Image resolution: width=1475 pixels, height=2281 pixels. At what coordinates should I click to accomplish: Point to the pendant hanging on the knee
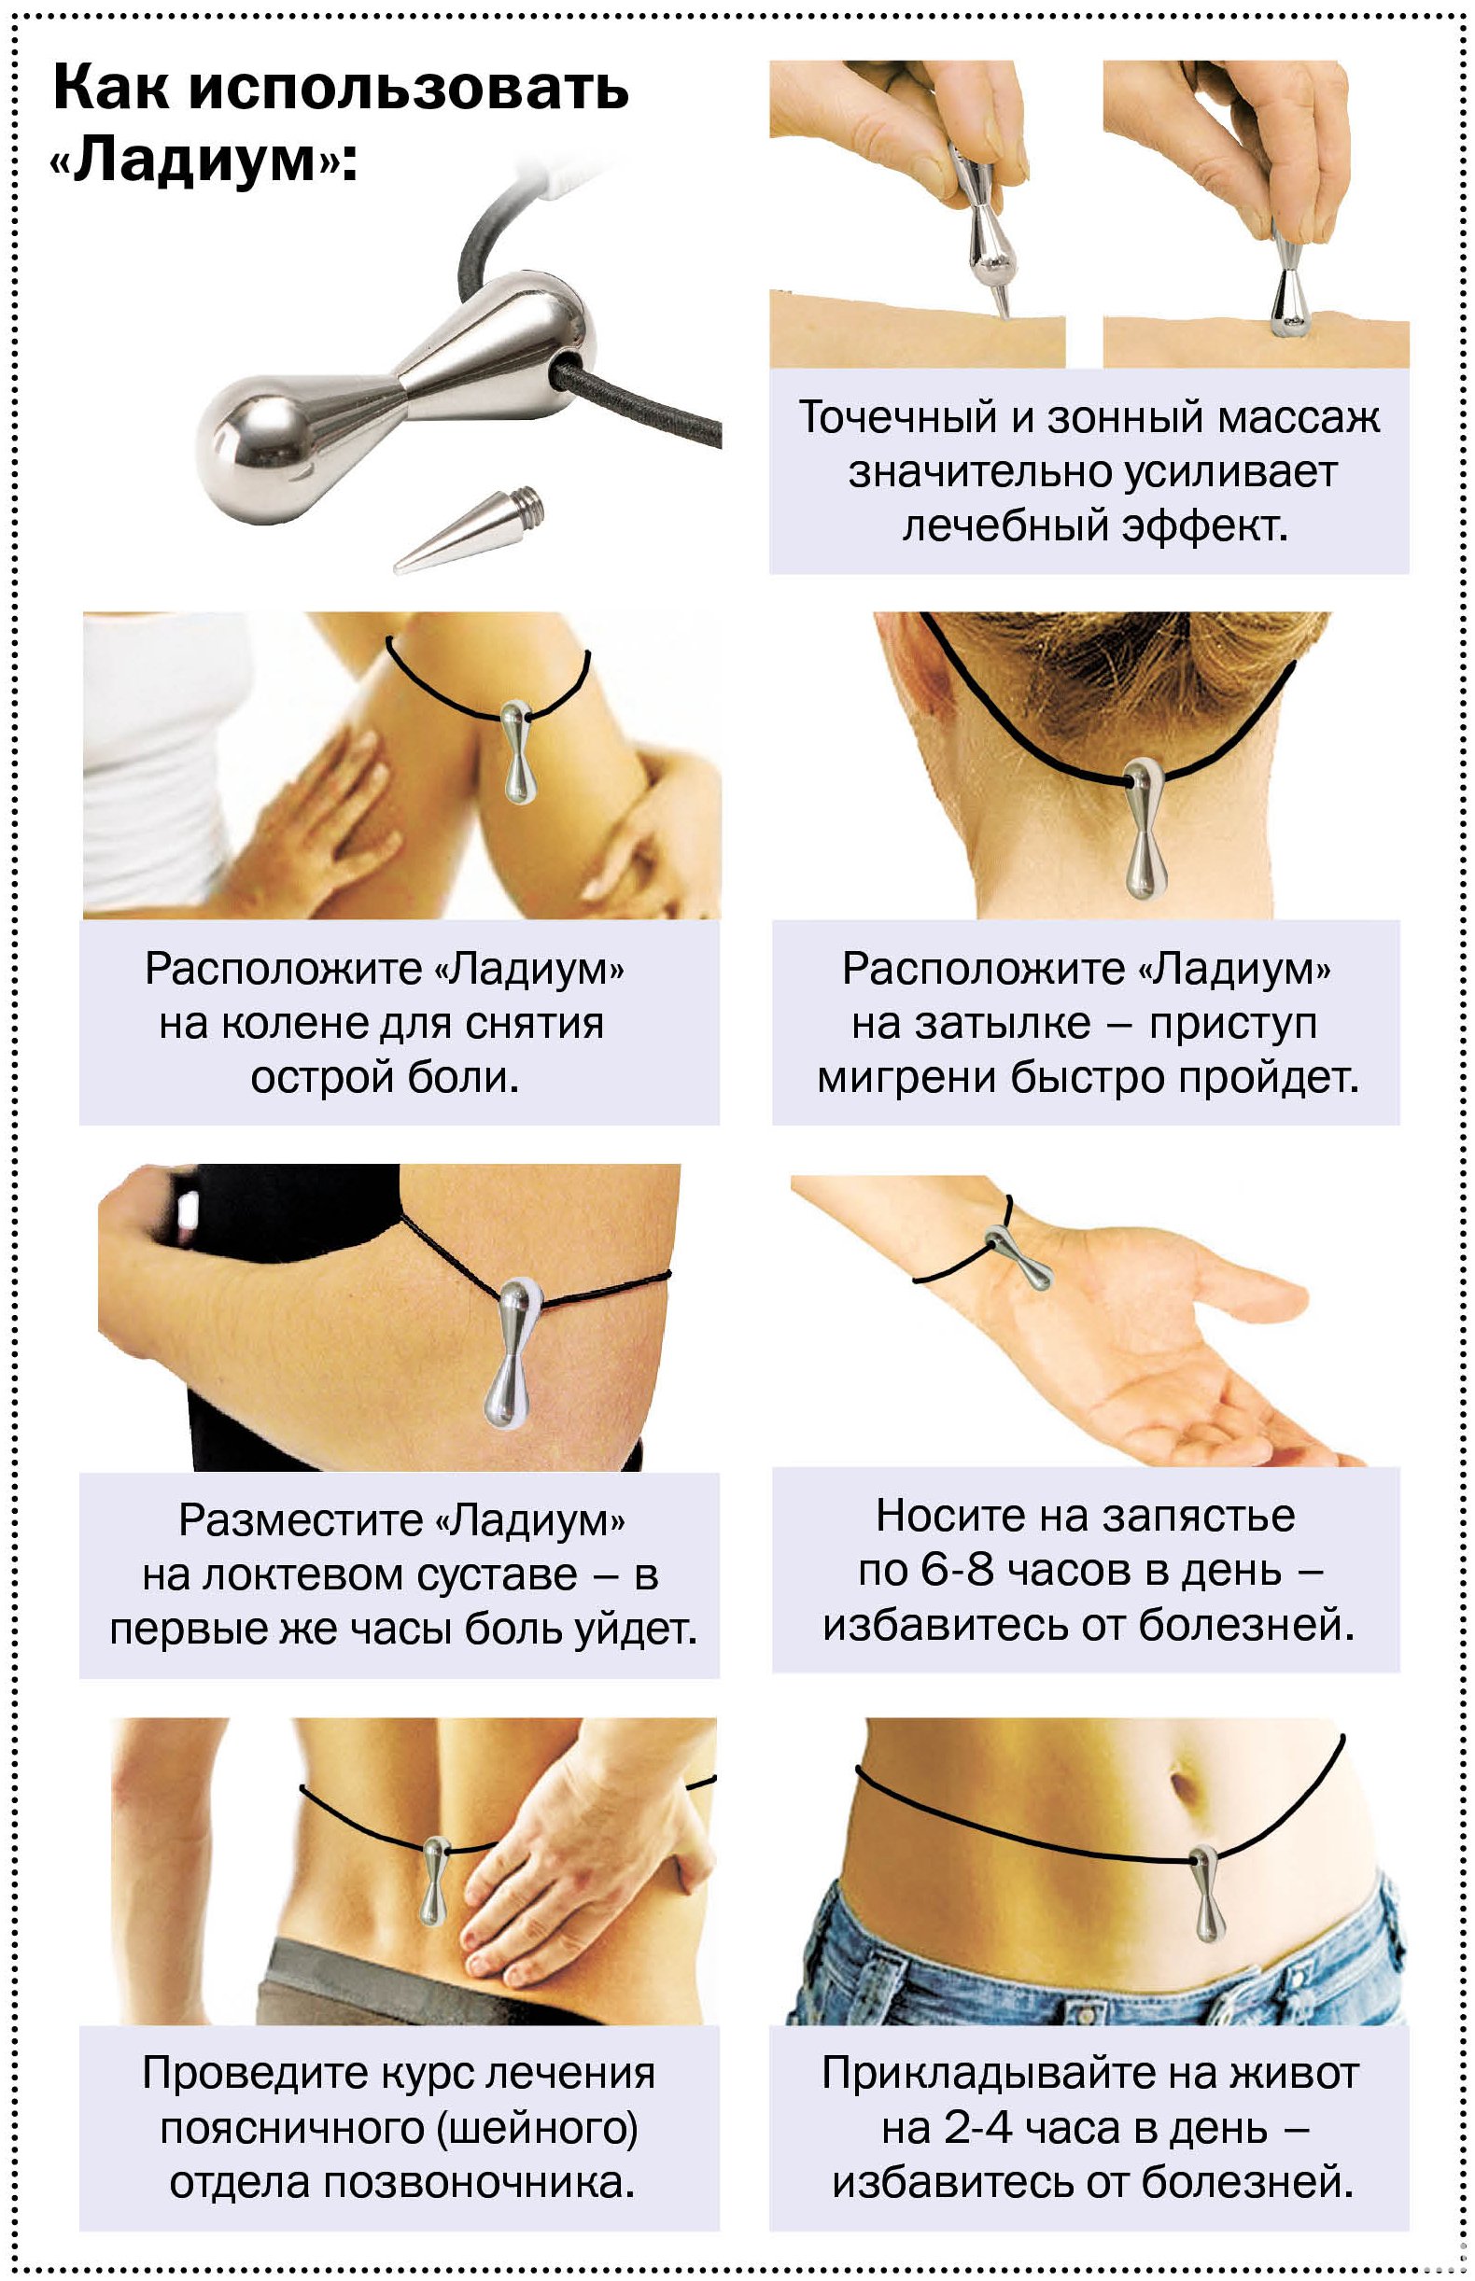(x=517, y=751)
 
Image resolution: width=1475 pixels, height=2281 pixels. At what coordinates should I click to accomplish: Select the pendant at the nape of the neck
(x=1144, y=829)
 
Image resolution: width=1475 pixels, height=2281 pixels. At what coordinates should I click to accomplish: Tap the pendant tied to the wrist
(x=1021, y=1257)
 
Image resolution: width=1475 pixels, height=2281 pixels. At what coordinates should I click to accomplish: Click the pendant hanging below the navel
(x=1206, y=1891)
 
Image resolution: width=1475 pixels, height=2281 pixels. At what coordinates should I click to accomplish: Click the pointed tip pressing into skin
(x=1003, y=306)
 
